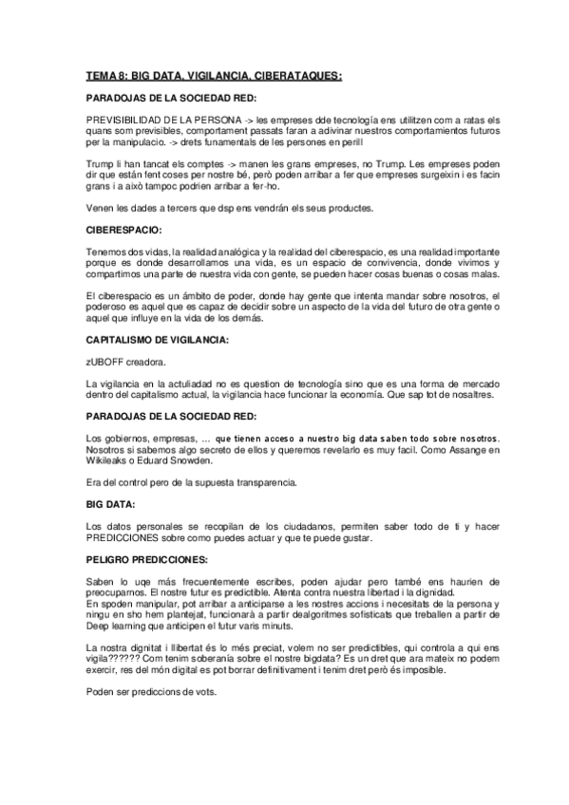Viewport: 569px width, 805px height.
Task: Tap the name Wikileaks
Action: coord(107,461)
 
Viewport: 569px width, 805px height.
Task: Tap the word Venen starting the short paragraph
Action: coord(99,208)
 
